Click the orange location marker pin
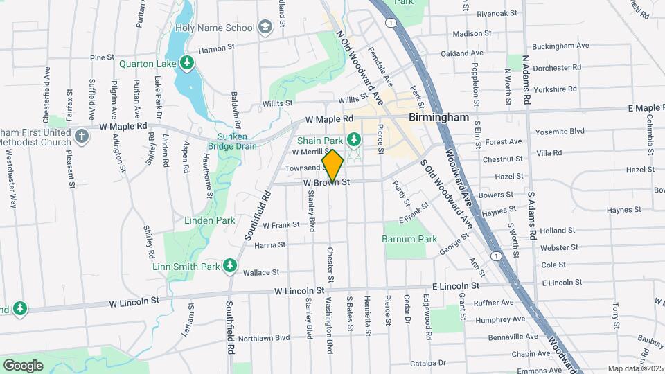332,165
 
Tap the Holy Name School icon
264,28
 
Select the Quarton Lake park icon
186,64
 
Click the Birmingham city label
439,117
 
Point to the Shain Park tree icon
354,141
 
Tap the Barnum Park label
409,239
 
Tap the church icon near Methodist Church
82,135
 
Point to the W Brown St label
324,182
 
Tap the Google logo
23,365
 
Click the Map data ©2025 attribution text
635,368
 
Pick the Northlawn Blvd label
263,338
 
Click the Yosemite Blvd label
560,130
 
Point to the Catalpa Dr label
427,362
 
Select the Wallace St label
260,272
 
